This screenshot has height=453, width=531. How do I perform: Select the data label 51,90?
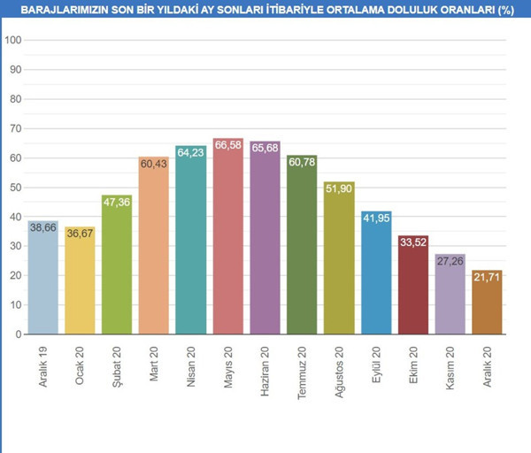[339, 188]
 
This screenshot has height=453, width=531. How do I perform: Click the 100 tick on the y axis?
[12, 41]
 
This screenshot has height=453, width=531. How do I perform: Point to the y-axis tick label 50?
[16, 188]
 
